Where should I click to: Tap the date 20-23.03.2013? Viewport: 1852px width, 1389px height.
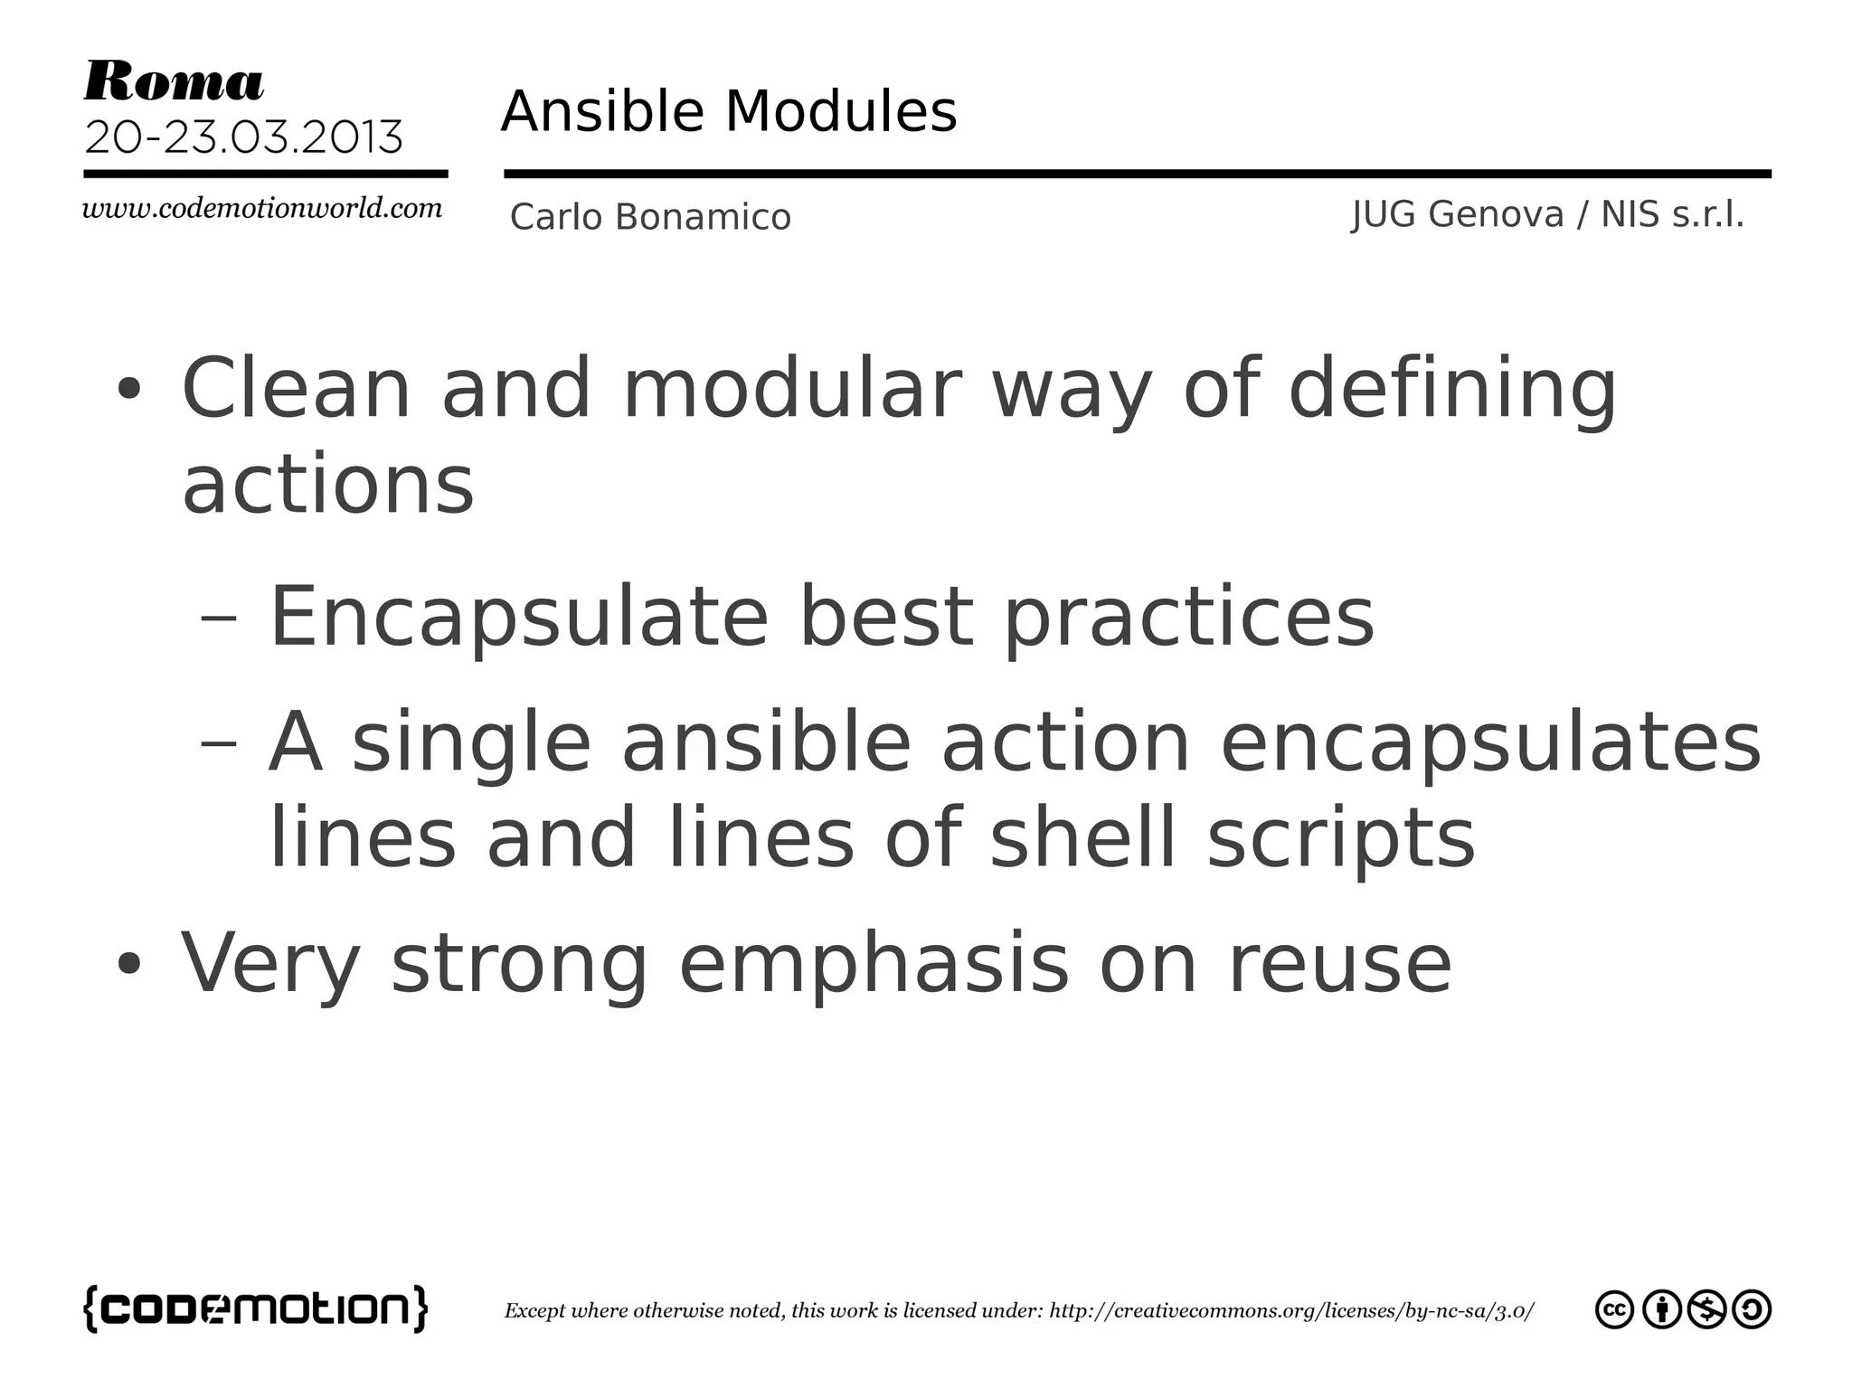[243, 137]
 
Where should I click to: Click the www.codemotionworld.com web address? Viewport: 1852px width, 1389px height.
[262, 209]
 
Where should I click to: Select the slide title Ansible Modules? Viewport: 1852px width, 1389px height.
[729, 112]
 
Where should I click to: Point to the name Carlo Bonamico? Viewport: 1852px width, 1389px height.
[650, 217]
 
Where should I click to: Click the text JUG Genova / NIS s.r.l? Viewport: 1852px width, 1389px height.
[1547, 215]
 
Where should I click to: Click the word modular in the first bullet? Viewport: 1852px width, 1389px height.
[792, 389]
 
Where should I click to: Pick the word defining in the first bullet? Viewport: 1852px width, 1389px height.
[1451, 391]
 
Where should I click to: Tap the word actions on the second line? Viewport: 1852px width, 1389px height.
[327, 486]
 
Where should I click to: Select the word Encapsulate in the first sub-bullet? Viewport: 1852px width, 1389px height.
[519, 619]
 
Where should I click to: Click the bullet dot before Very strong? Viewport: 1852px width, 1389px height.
[129, 964]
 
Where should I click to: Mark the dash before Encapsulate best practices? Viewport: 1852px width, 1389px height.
[218, 619]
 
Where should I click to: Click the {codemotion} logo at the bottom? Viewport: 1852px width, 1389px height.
[255, 1309]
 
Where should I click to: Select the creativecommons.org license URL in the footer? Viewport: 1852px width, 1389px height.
[1291, 1311]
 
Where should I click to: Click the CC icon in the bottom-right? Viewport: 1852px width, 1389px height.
[1614, 1309]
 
